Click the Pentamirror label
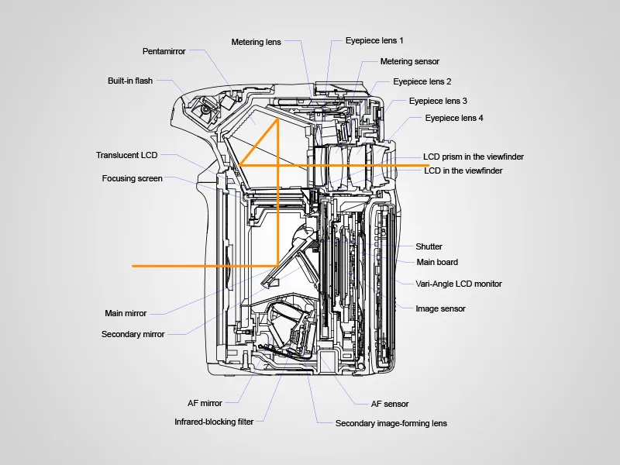pyautogui.click(x=164, y=52)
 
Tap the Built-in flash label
pyautogui.click(x=130, y=81)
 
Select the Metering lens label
pyautogui.click(x=257, y=42)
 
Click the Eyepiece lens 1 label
pyautogui.click(x=374, y=40)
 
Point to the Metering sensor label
pyautogui.click(x=410, y=61)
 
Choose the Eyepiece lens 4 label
pyautogui.click(x=454, y=118)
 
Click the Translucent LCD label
pyautogui.click(x=126, y=155)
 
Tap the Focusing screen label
pyautogui.click(x=133, y=178)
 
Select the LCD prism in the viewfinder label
pyautogui.click(x=474, y=157)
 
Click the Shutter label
pyautogui.click(x=429, y=246)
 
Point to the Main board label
pyautogui.click(x=437, y=262)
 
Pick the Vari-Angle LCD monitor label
pyautogui.click(x=459, y=284)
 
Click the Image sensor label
pyautogui.click(x=441, y=308)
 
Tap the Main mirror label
pyautogui.click(x=126, y=314)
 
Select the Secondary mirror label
pyautogui.click(x=133, y=335)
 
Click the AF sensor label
pyautogui.click(x=390, y=404)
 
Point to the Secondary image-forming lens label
pyautogui.click(x=391, y=424)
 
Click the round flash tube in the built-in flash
pyautogui.click(x=205, y=110)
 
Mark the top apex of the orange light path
pyautogui.click(x=277, y=118)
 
